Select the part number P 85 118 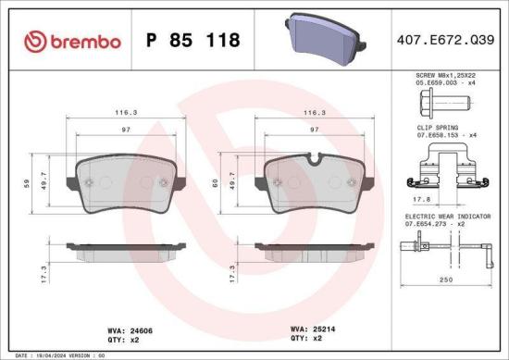[x=194, y=40]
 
